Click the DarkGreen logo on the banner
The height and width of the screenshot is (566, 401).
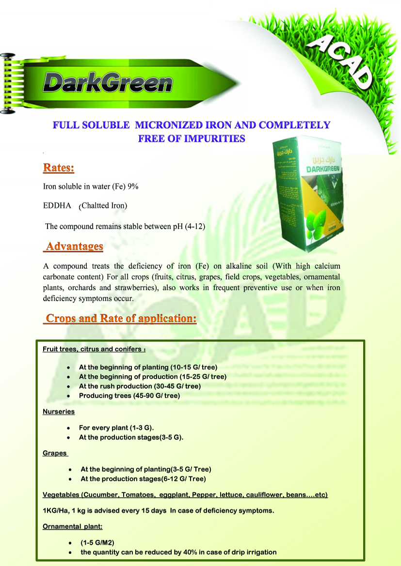(x=107, y=82)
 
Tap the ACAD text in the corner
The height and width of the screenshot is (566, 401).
(x=341, y=63)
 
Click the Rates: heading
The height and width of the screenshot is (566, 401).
(x=59, y=168)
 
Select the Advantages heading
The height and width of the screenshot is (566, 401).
(x=74, y=246)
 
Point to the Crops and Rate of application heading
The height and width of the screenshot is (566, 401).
(x=121, y=319)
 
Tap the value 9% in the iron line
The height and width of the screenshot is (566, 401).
(x=133, y=186)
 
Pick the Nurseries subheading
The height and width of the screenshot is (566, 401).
(x=59, y=412)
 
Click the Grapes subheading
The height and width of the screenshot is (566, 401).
(x=55, y=453)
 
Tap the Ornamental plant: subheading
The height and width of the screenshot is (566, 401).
(x=73, y=527)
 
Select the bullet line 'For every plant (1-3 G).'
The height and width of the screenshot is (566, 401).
(x=116, y=428)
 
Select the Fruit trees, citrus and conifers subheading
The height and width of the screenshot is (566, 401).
(x=94, y=349)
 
